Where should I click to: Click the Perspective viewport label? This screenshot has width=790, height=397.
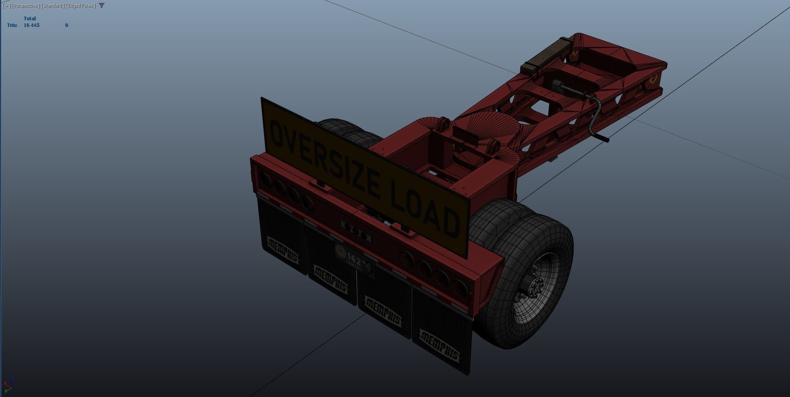point(26,5)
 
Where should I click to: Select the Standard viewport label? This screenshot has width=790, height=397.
point(52,5)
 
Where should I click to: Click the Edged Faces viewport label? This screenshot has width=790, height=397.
point(81,5)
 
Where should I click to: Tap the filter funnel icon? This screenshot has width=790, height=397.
point(102,5)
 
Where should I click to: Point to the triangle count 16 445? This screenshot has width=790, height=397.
point(32,25)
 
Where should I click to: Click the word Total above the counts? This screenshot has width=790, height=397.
point(29,19)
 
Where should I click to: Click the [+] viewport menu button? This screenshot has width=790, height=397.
point(7,5)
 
